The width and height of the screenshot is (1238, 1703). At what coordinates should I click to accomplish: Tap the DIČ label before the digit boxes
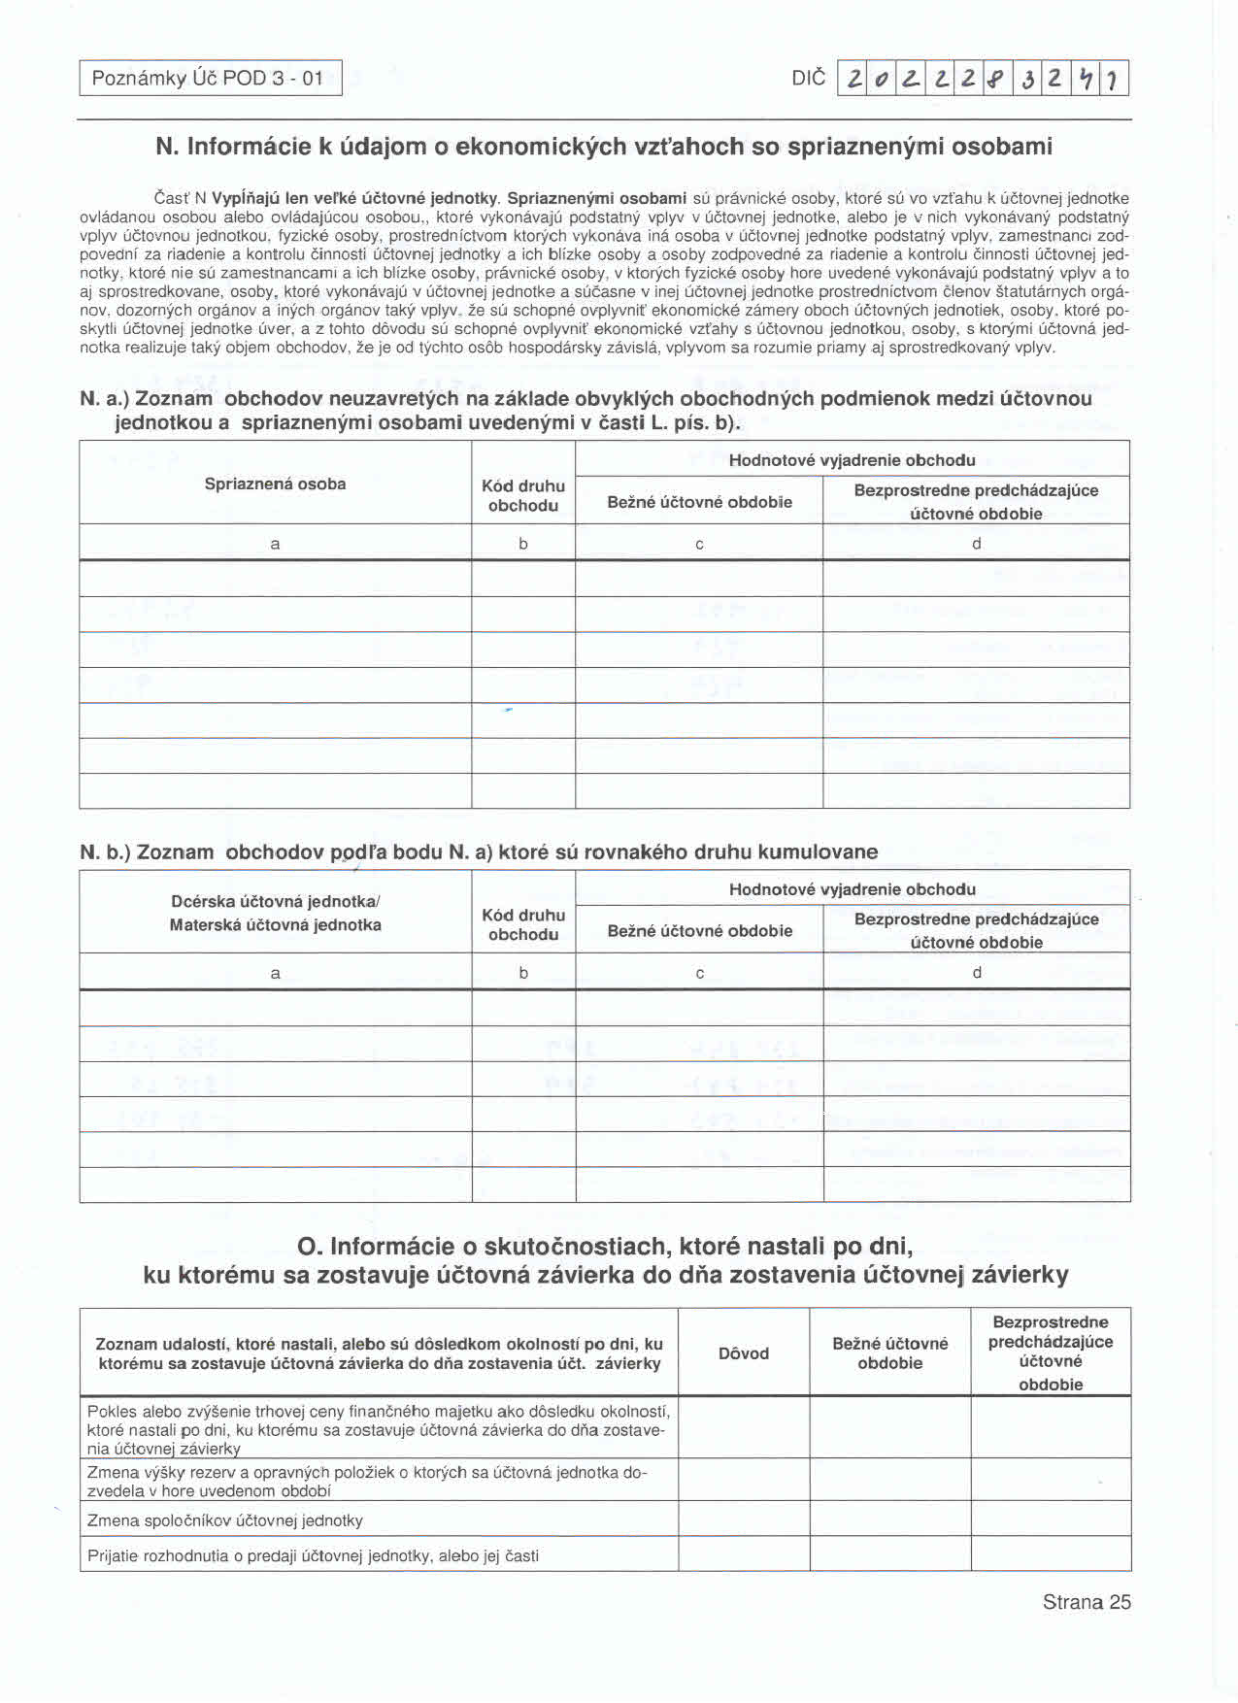coord(808,78)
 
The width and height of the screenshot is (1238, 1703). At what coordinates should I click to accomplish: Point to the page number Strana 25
coord(1087,1602)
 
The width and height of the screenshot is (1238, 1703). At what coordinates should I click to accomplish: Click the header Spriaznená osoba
coord(275,484)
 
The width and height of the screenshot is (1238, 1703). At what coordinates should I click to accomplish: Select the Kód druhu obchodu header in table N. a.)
coord(523,495)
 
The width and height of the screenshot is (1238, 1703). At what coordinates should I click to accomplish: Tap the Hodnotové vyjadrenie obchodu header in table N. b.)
coord(852,888)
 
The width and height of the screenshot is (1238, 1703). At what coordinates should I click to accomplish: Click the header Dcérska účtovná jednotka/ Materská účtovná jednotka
coord(275,913)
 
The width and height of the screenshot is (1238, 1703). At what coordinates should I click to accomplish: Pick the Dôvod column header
coord(744,1352)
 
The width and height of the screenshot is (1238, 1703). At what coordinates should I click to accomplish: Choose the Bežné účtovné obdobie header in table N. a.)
coord(699,502)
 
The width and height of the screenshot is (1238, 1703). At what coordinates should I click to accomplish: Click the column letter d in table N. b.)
coord(976,973)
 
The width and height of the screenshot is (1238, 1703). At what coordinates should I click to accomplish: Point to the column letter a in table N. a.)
coord(275,544)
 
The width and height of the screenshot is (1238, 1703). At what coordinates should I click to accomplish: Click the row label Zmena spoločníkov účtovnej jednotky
coord(225,1520)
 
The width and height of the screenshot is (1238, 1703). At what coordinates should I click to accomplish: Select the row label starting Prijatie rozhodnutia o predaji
coord(313,1555)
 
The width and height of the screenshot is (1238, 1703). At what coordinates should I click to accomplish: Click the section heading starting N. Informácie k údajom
coord(603,147)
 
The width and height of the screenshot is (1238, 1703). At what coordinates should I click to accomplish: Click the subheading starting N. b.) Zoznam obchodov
coord(478,851)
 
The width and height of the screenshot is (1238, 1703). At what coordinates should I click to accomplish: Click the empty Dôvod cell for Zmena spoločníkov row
coord(744,1519)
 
